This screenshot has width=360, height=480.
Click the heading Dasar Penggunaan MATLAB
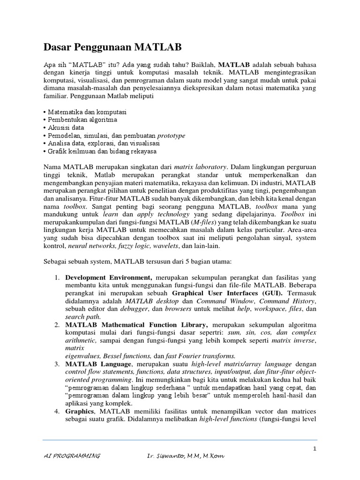coord(112,47)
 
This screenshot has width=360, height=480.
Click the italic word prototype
coord(171,135)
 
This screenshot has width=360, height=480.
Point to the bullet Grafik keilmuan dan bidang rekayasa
coord(101,151)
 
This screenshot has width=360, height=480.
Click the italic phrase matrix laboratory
coord(200,166)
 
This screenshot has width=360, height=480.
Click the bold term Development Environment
coord(108,277)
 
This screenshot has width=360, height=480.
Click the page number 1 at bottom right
coord(315,449)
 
